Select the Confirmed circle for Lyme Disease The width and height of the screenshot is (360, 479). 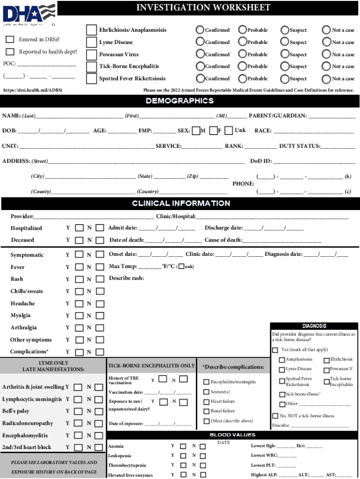(201, 42)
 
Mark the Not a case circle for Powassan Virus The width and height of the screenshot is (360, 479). (326, 54)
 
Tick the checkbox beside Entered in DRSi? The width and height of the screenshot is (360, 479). (10, 39)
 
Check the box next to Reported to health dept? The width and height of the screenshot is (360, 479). (10, 51)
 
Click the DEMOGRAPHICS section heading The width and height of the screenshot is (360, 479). (180, 101)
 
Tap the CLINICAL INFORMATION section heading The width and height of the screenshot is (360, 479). (180, 203)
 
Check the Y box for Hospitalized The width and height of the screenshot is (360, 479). (79, 228)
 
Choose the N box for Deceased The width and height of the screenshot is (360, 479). (100, 240)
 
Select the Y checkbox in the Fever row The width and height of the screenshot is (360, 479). (79, 267)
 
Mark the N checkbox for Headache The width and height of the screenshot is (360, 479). (100, 304)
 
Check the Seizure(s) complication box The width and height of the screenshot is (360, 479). (206, 392)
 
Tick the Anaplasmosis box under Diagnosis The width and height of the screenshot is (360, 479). (282, 360)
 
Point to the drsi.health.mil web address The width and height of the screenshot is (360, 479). (32, 89)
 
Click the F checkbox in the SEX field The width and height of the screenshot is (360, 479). (213, 131)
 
